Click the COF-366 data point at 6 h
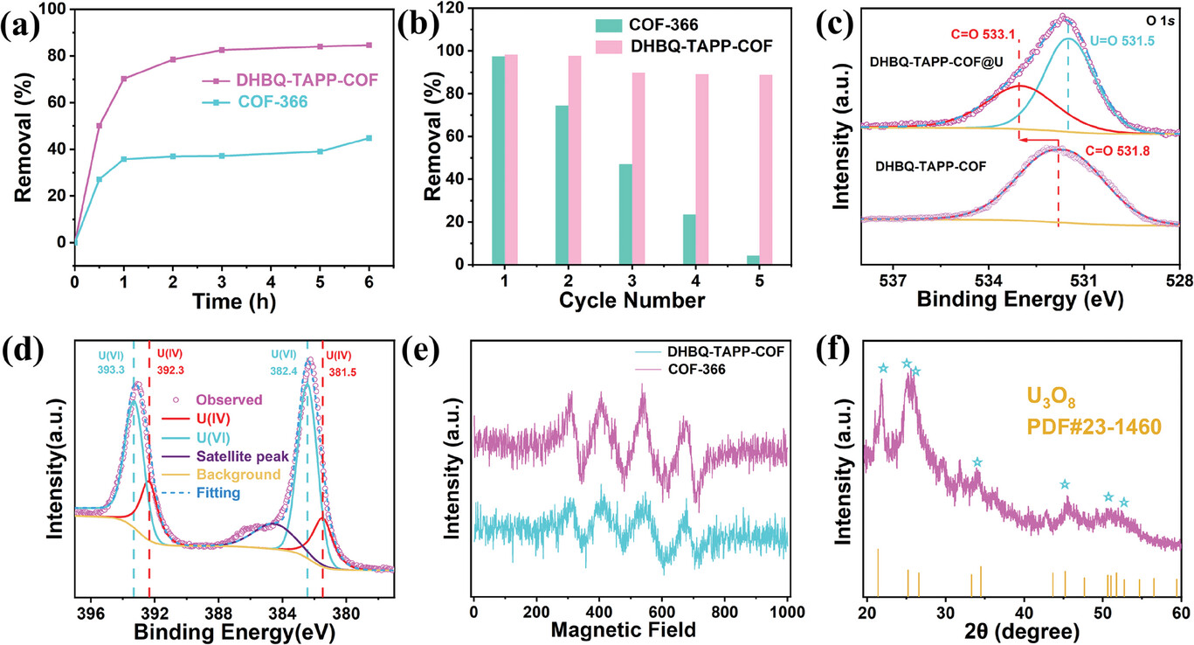click(x=369, y=138)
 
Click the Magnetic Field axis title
click(x=632, y=628)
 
